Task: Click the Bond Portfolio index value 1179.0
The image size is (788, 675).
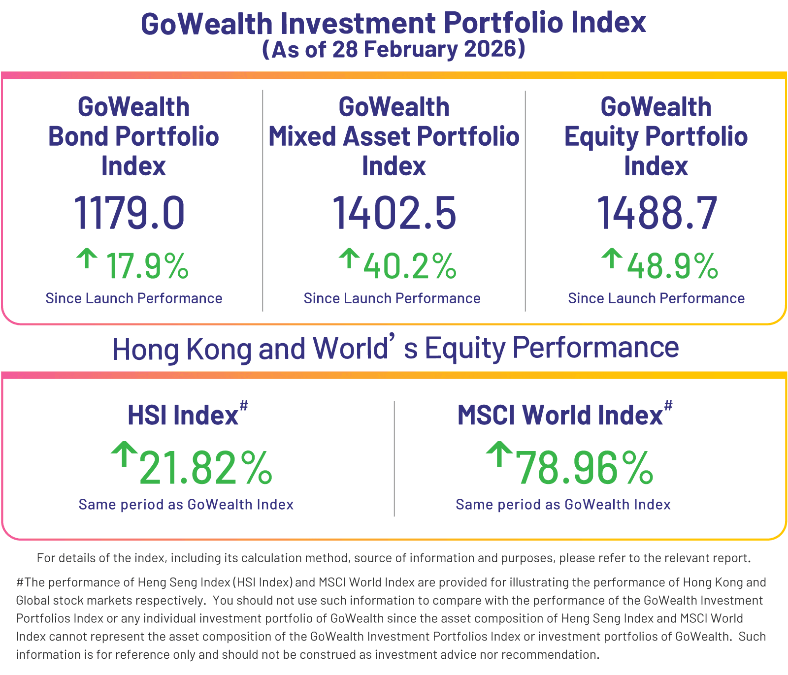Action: tap(130, 213)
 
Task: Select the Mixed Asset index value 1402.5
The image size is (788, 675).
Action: tap(394, 213)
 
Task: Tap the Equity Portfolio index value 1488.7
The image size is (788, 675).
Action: tap(657, 213)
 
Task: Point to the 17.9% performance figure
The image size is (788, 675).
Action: tap(147, 266)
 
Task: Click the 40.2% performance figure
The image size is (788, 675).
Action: tap(410, 266)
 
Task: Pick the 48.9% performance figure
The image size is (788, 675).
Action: tap(672, 266)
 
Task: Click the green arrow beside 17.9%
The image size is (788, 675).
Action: tap(87, 258)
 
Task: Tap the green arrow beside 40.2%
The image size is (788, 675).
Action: tap(349, 258)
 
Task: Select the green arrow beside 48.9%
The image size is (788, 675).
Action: tap(612, 258)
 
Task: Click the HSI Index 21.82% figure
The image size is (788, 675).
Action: tap(206, 468)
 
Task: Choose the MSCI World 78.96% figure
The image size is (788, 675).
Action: tap(584, 468)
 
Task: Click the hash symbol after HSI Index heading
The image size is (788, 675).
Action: tap(244, 405)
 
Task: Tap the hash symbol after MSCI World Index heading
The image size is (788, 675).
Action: tap(668, 405)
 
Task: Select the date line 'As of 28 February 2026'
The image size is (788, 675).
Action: tap(394, 49)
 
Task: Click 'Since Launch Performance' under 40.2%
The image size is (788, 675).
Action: tap(392, 298)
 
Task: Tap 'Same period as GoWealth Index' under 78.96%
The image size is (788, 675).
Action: tap(563, 505)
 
